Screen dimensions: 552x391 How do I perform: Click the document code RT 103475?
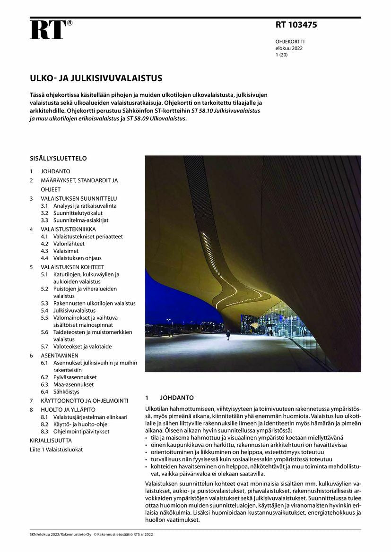[x=296, y=25]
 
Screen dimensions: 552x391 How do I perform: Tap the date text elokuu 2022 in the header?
[x=289, y=48]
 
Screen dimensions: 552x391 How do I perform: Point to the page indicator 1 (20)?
[x=282, y=55]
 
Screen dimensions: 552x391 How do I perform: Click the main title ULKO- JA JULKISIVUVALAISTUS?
[x=96, y=78]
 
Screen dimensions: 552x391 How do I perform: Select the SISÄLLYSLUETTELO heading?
[x=58, y=159]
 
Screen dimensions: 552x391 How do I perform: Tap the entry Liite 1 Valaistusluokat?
[x=56, y=450]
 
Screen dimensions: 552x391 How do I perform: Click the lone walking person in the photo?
[x=228, y=334]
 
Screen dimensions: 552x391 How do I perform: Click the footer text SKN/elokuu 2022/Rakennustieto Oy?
[x=60, y=535]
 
